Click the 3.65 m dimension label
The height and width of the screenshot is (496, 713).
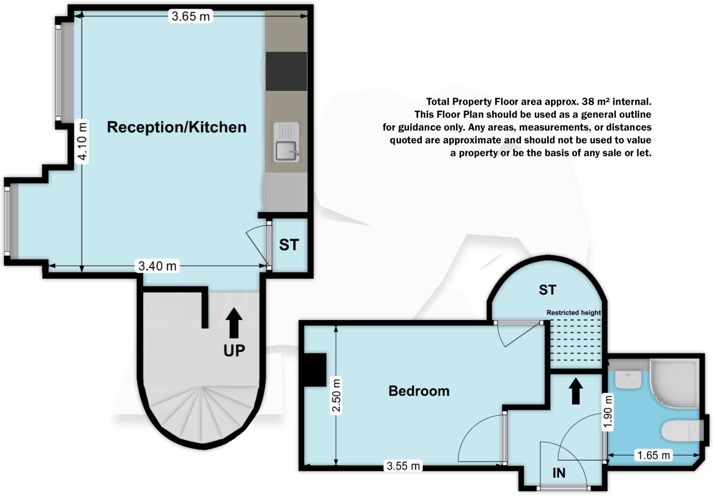[x=190, y=16]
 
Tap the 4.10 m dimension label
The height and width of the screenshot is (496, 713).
[x=82, y=141]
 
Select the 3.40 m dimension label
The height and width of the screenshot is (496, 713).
[x=157, y=266]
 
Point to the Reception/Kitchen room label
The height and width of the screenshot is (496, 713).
[x=176, y=127]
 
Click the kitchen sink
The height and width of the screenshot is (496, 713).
[x=286, y=142]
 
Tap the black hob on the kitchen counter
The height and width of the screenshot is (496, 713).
[x=286, y=71]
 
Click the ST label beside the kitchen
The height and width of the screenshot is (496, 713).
[x=289, y=245]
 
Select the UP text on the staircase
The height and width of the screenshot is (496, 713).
[x=234, y=351]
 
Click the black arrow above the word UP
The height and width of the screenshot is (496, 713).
[x=234, y=323]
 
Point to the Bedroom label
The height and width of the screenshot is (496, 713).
[x=419, y=391]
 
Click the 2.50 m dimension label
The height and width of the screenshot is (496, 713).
[x=336, y=395]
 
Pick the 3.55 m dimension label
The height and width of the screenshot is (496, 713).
[x=403, y=466]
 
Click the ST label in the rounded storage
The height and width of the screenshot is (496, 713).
[x=547, y=290]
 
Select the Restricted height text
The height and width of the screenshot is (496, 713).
[x=573, y=313]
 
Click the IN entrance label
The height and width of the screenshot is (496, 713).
[x=559, y=473]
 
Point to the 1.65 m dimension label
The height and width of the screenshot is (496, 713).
[x=653, y=455]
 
